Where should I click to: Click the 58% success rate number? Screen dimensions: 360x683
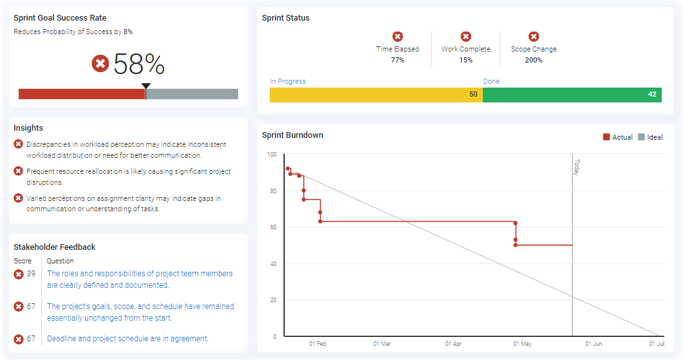click(139, 64)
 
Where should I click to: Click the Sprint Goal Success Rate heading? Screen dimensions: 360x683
click(60, 18)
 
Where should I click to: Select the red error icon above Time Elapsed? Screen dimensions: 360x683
click(398, 37)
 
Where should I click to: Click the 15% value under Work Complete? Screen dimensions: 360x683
click(465, 60)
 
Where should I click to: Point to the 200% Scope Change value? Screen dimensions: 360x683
click(534, 60)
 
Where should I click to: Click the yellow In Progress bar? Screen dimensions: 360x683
click(375, 95)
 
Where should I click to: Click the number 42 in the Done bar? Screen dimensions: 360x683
click(652, 95)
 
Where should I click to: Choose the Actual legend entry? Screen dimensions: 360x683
click(617, 137)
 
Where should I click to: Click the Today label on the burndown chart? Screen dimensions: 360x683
click(577, 167)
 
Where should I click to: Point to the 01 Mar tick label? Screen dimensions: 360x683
click(382, 344)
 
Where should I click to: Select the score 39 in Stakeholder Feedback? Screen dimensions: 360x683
click(31, 274)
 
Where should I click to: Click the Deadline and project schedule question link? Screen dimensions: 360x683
click(127, 339)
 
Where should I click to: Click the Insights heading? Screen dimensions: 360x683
click(28, 128)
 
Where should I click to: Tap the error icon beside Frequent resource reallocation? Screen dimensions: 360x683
click(19, 171)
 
